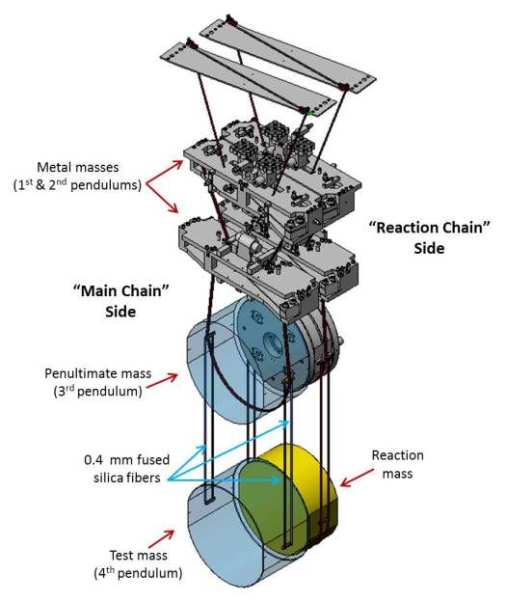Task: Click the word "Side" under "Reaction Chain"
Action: (430, 249)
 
